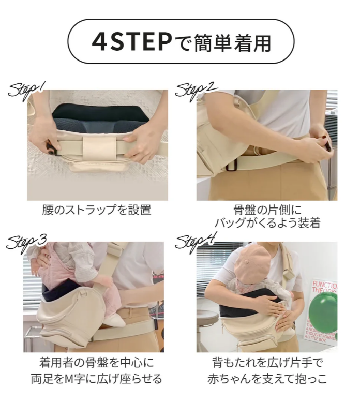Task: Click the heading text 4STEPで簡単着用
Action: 181,42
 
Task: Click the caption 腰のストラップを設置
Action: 97,210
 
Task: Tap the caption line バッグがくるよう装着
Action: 267,222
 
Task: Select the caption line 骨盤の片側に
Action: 267,210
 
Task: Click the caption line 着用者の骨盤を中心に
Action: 97,362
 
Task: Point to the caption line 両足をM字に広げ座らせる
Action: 97,378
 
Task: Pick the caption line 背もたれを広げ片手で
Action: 267,362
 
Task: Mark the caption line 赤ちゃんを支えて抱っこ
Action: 267,378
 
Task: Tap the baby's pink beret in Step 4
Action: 252,262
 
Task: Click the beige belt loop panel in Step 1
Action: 99,150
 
